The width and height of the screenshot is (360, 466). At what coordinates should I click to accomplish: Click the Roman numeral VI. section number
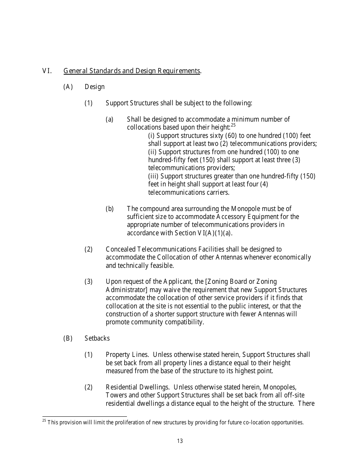pos(46,71)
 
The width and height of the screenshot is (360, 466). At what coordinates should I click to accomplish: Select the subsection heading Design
pos(94,87)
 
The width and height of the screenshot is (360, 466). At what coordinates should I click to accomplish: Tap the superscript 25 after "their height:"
pos(233,125)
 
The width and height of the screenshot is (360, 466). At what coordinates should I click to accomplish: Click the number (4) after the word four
pos(264,184)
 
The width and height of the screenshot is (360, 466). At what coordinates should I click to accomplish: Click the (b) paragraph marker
pos(110,209)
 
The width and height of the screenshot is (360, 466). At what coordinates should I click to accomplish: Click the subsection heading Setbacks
pos(97,338)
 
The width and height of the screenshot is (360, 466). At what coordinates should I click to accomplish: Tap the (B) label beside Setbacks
pos(67,338)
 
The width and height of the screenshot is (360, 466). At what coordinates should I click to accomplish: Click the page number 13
pos(180,441)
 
